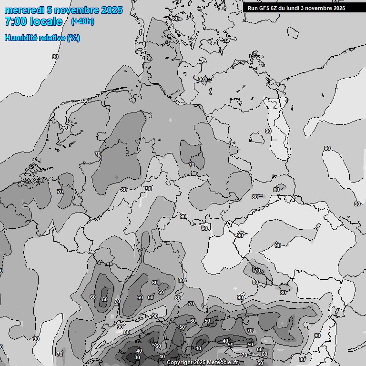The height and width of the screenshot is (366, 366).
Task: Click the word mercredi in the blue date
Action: tap(24, 10)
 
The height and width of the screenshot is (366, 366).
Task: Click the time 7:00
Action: tap(15, 21)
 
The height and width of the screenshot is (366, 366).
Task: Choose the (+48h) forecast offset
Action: tap(82, 21)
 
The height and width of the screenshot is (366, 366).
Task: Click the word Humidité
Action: tap(20, 38)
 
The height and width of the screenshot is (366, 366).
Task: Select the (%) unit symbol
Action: tap(73, 38)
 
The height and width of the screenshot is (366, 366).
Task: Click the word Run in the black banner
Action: tap(253, 8)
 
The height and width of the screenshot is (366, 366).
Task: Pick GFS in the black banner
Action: tap(264, 8)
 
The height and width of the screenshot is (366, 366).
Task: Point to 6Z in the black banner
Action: tap(274, 8)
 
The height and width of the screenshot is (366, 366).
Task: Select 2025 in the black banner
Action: tap(339, 8)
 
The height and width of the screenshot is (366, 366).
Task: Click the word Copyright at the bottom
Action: tap(180, 363)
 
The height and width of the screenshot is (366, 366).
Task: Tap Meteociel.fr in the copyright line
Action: tap(224, 363)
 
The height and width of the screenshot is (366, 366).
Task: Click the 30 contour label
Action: tap(137, 357)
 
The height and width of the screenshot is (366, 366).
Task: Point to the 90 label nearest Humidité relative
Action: tap(55, 57)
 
